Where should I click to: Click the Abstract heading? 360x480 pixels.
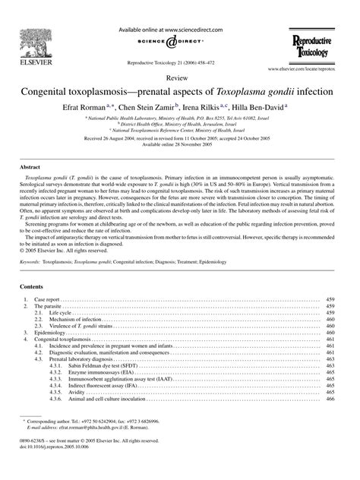click(x=30, y=165)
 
